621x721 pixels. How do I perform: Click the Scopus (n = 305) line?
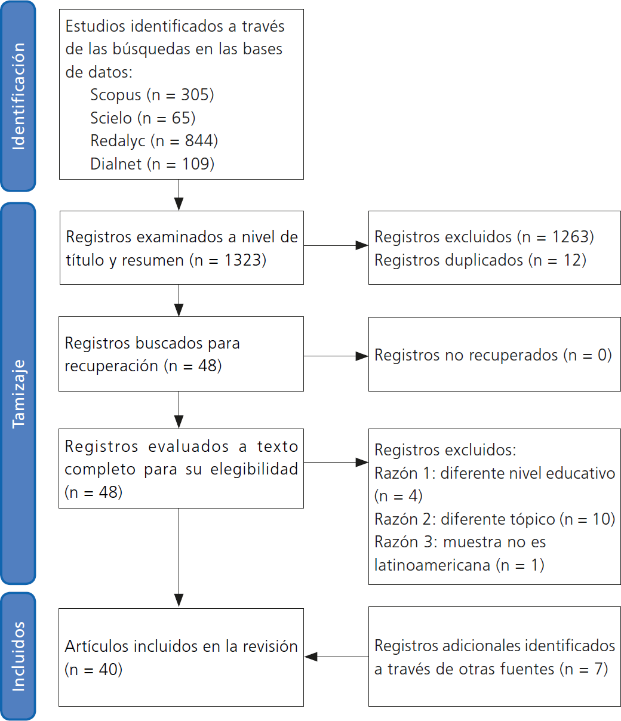(152, 94)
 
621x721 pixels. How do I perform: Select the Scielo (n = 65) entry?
(143, 118)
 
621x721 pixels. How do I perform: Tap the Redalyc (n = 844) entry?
(154, 141)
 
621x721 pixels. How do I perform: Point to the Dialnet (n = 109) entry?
(152, 164)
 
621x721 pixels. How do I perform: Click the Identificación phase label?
(19, 96)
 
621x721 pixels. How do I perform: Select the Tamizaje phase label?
(19, 393)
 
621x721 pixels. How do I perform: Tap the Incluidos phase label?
(19, 656)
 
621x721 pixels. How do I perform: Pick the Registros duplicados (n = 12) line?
(480, 260)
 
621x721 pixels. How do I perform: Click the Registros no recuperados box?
(494, 355)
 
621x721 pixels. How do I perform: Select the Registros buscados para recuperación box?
(181, 354)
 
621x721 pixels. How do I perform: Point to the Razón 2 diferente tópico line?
(494, 519)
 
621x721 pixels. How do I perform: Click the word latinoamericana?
(432, 565)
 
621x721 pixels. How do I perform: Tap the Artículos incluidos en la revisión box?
(181, 657)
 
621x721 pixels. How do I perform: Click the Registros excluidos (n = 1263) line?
(484, 237)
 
